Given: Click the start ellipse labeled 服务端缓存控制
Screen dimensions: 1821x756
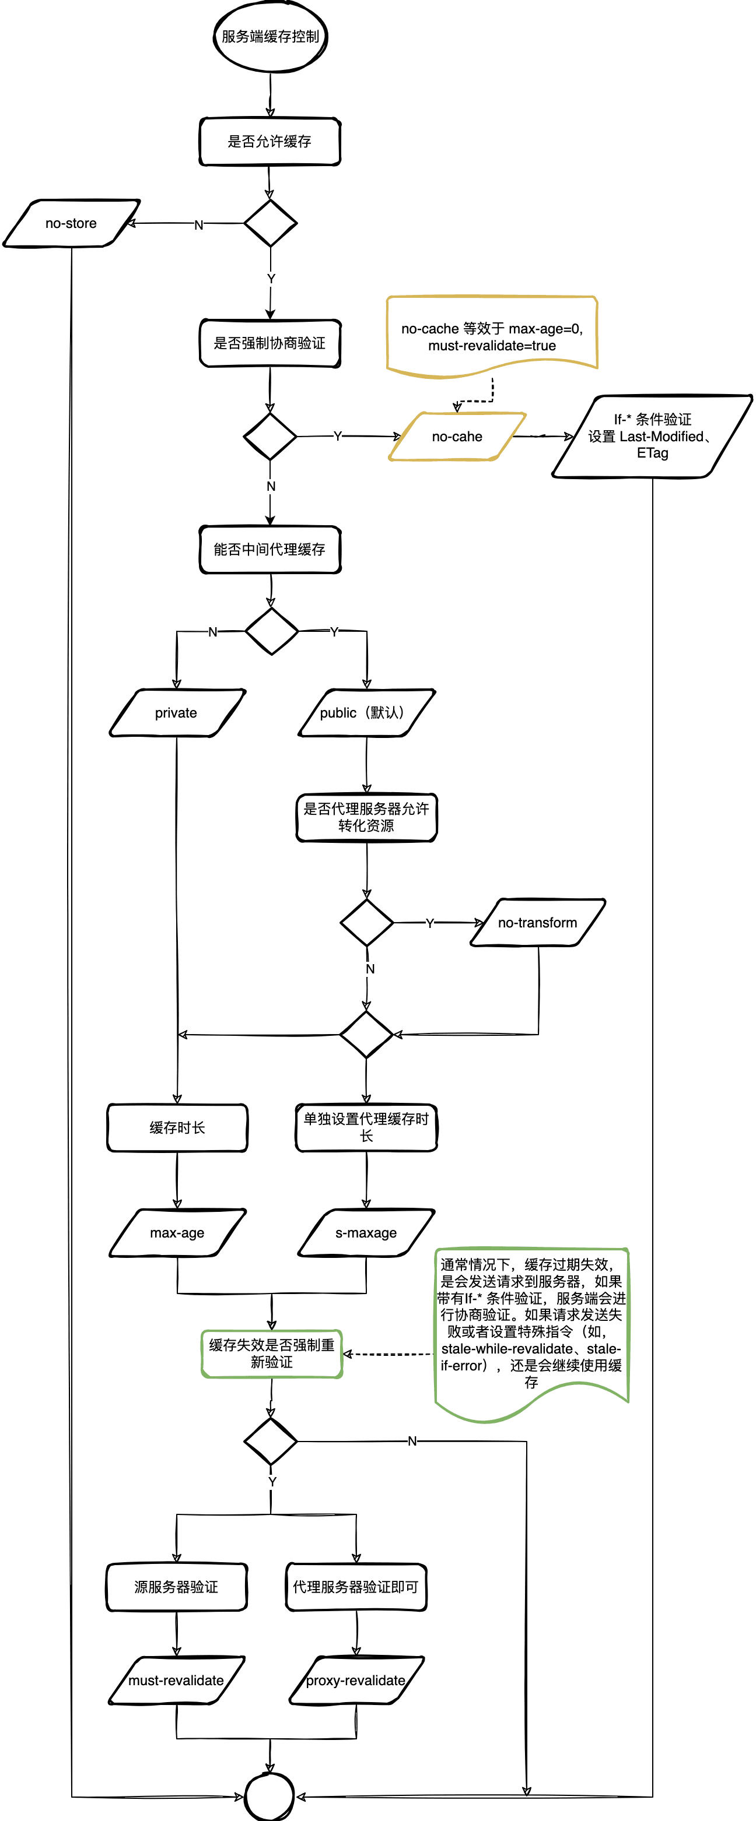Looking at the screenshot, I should (270, 37).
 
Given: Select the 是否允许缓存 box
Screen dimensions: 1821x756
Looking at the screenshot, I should (269, 142).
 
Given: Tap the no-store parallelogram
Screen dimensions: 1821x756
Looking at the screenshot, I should (71, 223).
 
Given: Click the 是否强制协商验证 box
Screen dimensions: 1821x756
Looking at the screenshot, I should (269, 343).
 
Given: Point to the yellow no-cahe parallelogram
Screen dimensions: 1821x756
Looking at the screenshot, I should (457, 437).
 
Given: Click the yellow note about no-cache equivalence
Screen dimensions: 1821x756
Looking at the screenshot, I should (492, 333).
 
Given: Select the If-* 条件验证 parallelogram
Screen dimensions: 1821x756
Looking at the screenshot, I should (652, 436).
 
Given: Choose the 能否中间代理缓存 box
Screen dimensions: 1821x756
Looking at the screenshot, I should (269, 549).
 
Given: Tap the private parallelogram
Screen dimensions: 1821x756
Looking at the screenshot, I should (176, 712).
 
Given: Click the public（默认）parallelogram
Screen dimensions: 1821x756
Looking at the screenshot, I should (366, 712).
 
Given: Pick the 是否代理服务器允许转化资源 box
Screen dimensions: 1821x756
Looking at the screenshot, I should (366, 817).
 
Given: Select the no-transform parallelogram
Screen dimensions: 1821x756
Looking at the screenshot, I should (537, 923).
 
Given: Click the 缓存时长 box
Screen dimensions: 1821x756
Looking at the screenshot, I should (177, 1127).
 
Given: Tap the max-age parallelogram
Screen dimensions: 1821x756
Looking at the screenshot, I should (177, 1233).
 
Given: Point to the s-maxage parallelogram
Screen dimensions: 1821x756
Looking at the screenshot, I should (366, 1233).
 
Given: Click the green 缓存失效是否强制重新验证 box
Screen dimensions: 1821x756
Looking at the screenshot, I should (272, 1354).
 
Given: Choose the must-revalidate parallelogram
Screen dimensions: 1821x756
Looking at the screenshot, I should (176, 1681).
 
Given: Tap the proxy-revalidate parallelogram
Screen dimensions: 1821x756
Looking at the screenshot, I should (356, 1681).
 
